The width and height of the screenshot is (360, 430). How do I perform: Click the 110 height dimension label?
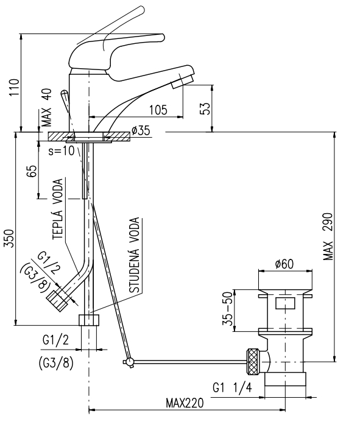click(x=14, y=87)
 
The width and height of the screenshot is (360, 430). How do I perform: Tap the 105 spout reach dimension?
click(x=158, y=110)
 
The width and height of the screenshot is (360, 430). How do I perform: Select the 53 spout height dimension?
click(x=206, y=108)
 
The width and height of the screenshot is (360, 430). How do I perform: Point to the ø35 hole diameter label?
click(x=141, y=130)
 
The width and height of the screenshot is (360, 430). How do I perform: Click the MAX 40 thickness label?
click(x=47, y=107)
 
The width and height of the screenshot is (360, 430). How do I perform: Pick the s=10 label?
click(x=62, y=151)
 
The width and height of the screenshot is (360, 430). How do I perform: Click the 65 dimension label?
click(x=32, y=171)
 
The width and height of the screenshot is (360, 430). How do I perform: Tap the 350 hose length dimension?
click(x=9, y=238)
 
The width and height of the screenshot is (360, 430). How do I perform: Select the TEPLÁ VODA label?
click(x=58, y=209)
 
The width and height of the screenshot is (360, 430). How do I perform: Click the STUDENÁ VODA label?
click(x=135, y=255)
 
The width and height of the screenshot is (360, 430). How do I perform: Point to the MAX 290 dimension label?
click(x=328, y=237)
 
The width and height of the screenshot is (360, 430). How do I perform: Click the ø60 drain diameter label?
click(x=284, y=264)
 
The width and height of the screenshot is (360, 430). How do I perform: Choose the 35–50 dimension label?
click(x=227, y=308)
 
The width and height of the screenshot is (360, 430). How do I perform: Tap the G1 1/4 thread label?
click(x=232, y=388)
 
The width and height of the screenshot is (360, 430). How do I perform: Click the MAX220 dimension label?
click(x=185, y=403)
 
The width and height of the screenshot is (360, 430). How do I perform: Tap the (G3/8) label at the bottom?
click(x=57, y=364)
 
